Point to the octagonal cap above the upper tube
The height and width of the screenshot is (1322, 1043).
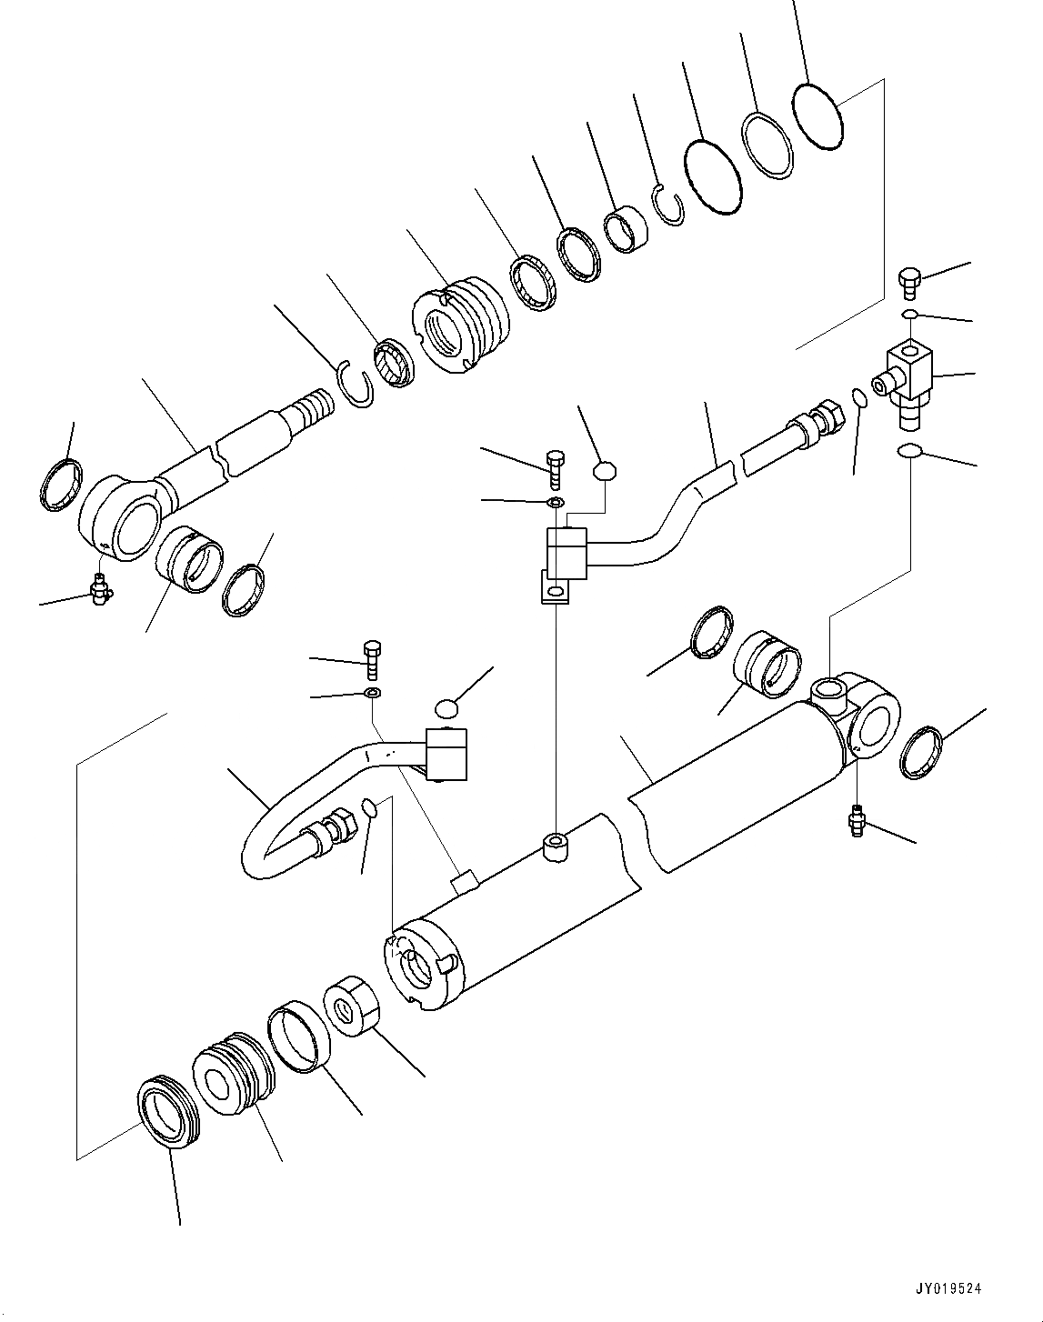click(605, 471)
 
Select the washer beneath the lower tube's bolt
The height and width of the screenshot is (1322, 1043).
click(373, 695)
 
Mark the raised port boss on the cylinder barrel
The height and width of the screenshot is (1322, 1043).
click(554, 847)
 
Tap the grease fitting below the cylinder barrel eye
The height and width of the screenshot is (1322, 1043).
click(856, 821)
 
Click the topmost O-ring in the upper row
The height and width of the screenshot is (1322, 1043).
click(818, 115)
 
